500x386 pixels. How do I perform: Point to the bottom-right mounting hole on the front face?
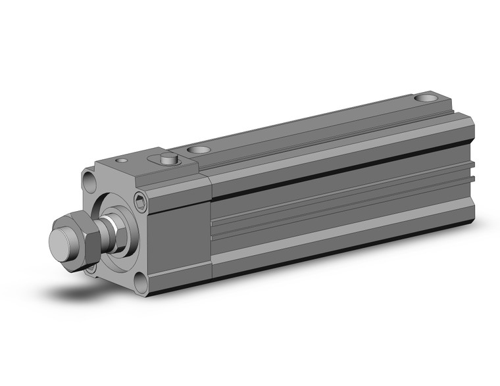pyautogui.click(x=142, y=283)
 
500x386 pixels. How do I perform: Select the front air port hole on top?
pyautogui.click(x=195, y=150)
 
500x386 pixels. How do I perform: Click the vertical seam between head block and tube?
pyautogui.click(x=211, y=224)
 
